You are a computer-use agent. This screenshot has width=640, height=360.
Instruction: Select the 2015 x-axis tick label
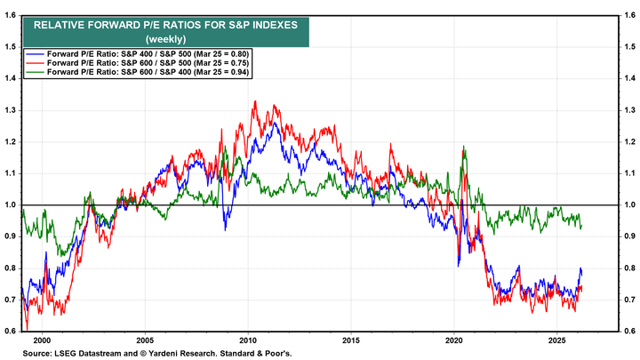pyautogui.click(x=352, y=340)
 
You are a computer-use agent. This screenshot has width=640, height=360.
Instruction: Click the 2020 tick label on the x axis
pyautogui.click(x=454, y=340)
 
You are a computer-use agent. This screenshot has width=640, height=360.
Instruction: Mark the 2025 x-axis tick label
pyautogui.click(x=556, y=340)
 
